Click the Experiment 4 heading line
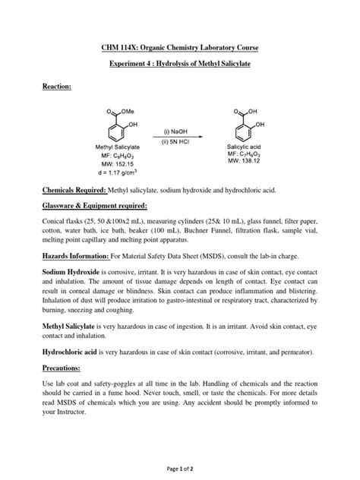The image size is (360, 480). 180,65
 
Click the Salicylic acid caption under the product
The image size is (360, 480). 245,146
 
